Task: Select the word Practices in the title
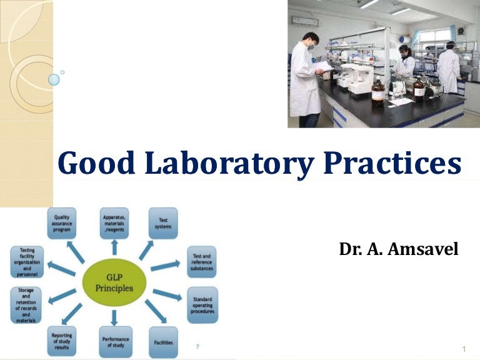(x=392, y=164)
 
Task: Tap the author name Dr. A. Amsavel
(x=398, y=250)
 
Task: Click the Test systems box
(x=163, y=223)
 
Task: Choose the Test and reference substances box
(x=202, y=262)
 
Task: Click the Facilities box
(x=163, y=342)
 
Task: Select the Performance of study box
(x=115, y=342)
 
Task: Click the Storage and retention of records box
(x=26, y=305)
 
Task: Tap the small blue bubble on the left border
(x=54, y=79)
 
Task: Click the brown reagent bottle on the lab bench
(x=378, y=92)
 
